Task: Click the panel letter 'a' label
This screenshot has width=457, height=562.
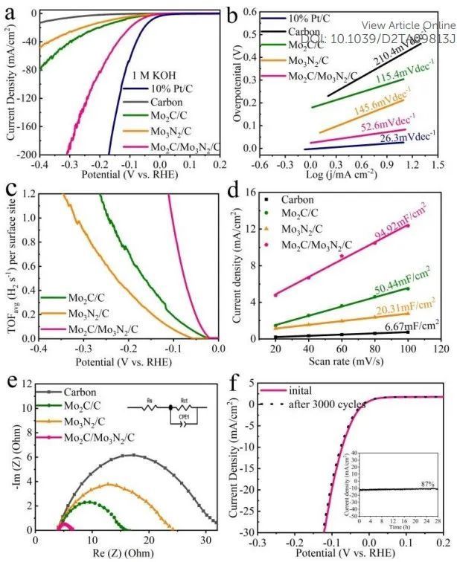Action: pos(13,13)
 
